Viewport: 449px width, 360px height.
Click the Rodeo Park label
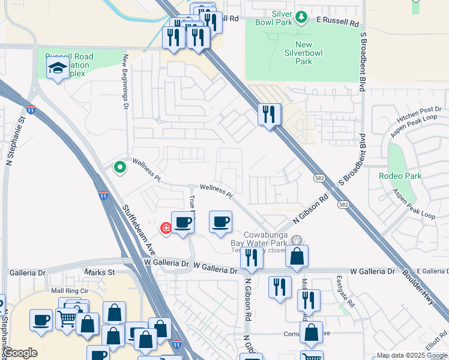pos(400,176)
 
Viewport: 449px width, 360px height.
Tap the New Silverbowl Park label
pos(307,53)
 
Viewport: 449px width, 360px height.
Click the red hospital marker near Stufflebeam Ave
pos(166,228)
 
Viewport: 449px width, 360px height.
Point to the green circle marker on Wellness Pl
pos(120,167)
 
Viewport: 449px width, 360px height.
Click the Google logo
pos(20,353)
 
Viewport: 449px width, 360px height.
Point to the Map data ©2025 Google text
pos(411,355)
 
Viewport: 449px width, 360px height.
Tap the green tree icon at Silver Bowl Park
pos(302,16)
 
